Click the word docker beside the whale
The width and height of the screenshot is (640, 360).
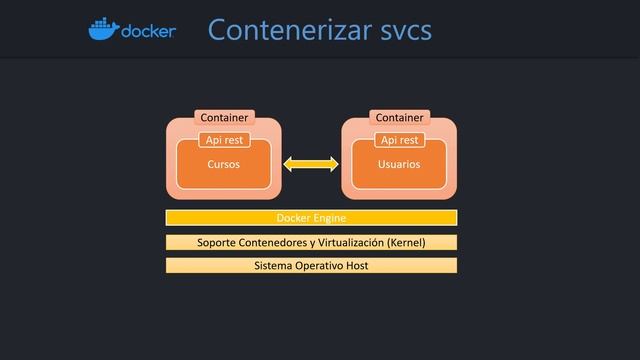click(147, 32)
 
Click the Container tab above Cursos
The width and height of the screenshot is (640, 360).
click(224, 118)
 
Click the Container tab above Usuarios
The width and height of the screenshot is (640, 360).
click(399, 118)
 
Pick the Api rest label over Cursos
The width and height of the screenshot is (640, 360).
click(224, 140)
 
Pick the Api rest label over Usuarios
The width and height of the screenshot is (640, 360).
click(399, 140)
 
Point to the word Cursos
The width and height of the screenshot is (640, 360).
click(223, 164)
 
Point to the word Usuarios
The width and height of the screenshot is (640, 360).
click(399, 164)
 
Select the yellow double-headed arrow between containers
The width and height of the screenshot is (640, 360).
click(311, 163)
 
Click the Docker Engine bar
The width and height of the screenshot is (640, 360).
click(311, 217)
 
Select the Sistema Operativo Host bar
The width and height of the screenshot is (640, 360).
click(311, 266)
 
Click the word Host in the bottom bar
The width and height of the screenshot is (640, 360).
click(357, 266)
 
